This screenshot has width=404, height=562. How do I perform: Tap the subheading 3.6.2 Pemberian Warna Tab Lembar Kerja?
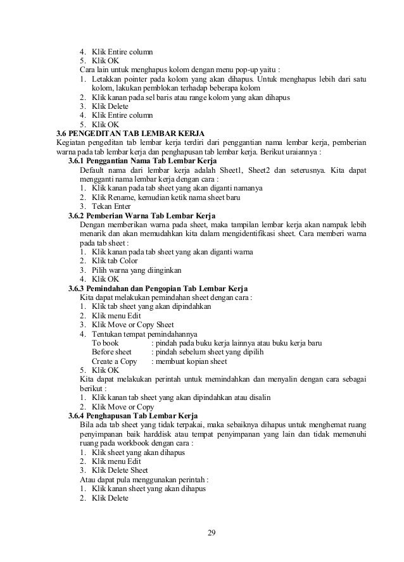point(149,215)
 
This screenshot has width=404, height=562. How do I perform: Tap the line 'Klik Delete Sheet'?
point(120,470)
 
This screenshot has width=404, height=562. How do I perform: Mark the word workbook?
point(132,443)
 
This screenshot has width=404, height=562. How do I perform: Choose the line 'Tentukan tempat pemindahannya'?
point(144,334)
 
